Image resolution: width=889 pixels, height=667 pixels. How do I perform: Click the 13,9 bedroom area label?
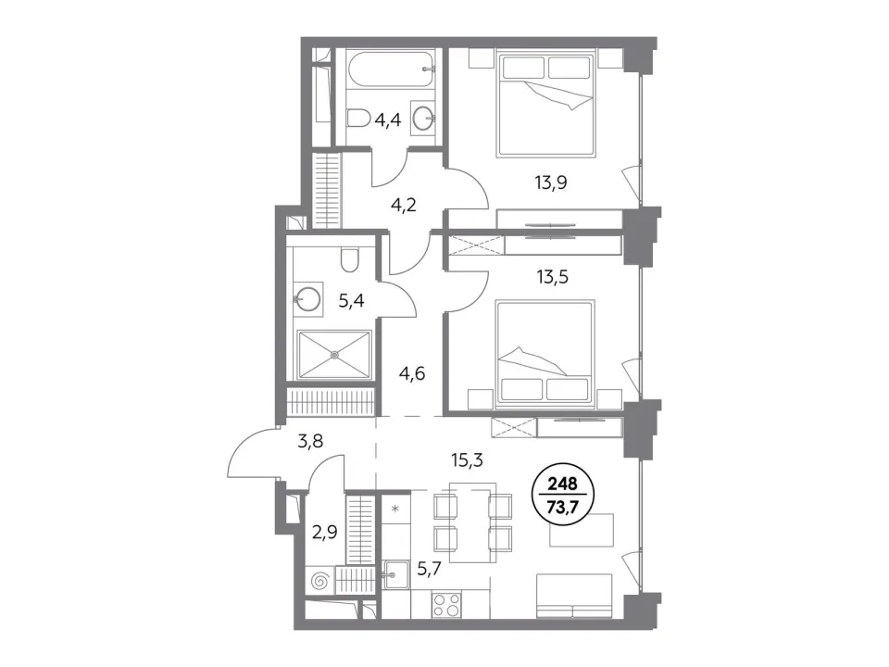[x=550, y=182]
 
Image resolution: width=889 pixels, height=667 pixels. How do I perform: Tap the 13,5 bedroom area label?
[x=552, y=277]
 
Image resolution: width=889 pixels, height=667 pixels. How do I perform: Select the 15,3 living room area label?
[x=467, y=460]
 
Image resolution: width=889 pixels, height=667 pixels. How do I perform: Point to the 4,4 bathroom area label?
[x=388, y=120]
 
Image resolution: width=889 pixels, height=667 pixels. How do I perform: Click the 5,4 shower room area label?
[x=352, y=300]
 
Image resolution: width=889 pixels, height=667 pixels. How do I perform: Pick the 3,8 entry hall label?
[x=310, y=440]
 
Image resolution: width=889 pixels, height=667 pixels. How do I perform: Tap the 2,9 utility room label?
[x=325, y=533]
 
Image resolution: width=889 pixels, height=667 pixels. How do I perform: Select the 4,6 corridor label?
[x=411, y=373]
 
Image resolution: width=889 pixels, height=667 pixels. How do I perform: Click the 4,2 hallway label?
[x=404, y=204]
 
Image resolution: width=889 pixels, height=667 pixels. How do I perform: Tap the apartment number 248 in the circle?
[x=562, y=484]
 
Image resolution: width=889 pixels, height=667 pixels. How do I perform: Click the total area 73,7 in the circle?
[x=562, y=503]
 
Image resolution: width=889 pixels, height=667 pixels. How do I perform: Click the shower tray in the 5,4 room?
[x=334, y=355]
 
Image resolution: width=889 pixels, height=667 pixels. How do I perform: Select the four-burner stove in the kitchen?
[x=446, y=603]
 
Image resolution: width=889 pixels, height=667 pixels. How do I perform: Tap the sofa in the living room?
[x=574, y=596]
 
